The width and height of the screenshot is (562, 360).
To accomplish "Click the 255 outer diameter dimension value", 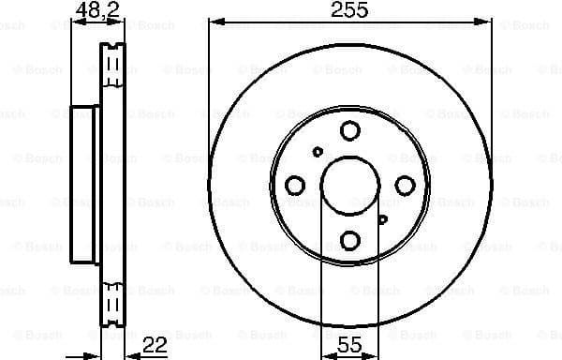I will coord(348,10).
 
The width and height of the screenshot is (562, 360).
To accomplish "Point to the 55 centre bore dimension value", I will coord(348,346).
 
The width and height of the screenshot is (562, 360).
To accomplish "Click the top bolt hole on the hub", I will coord(349,131).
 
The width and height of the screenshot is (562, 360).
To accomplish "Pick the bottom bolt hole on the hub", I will coord(349,240).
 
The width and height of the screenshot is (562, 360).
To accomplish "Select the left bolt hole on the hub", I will coord(294,186).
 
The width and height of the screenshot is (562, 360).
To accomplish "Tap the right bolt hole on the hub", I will coord(404,186).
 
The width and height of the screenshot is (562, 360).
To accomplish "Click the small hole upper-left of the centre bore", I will coord(318,152).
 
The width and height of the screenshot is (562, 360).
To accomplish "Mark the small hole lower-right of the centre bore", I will coord(382,219).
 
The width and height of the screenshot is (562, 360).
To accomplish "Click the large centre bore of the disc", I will coord(348,186).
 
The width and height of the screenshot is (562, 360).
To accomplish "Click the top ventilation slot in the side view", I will coord(113,66).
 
